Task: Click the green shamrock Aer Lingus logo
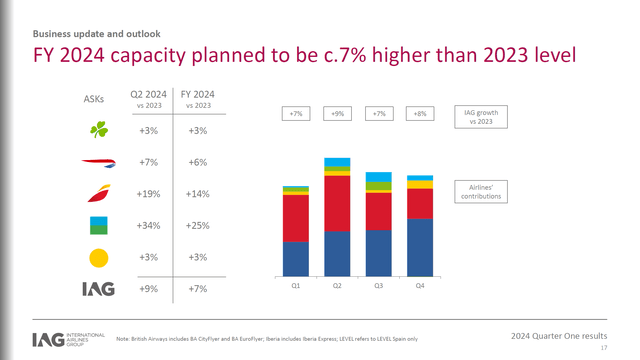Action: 98,130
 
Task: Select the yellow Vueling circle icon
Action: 98,258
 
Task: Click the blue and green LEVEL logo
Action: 98,225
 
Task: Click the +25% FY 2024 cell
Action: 197,226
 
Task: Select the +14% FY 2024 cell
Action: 197,194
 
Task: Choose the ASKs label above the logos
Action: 90,99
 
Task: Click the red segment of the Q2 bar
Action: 337,203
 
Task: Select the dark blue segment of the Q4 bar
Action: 420,247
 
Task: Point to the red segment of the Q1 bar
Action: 296,218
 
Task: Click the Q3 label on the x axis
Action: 379,286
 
